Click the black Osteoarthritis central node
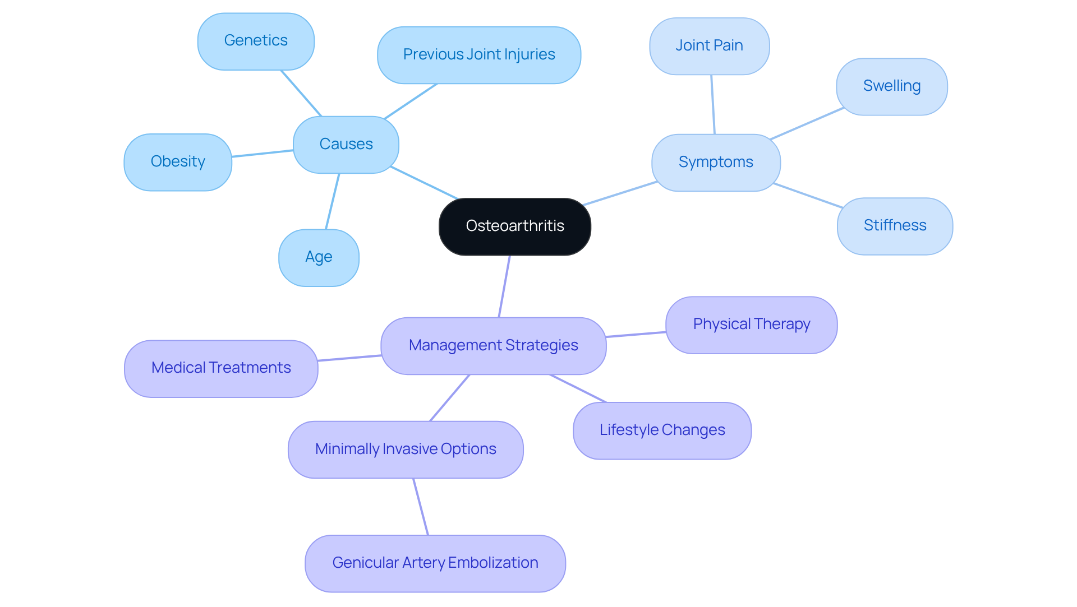coord(514,226)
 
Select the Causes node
coord(346,145)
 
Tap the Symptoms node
coord(715,163)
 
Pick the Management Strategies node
coord(493,346)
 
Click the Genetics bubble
coord(256,41)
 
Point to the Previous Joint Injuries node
coord(478,55)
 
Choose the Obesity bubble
coord(178,162)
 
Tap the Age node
coord(319,257)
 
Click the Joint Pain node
coord(709,46)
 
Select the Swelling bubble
coord(891,86)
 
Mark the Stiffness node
coord(895,226)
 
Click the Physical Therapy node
coord(751,325)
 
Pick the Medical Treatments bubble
coord(221,368)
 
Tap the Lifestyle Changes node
coord(662,430)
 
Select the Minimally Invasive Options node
coord(406,450)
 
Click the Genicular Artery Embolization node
coord(435,563)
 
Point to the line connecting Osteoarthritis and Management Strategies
coord(504,286)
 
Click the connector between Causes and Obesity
coord(263,154)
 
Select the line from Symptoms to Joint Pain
coord(713,104)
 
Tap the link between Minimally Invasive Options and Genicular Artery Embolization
coord(421,507)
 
